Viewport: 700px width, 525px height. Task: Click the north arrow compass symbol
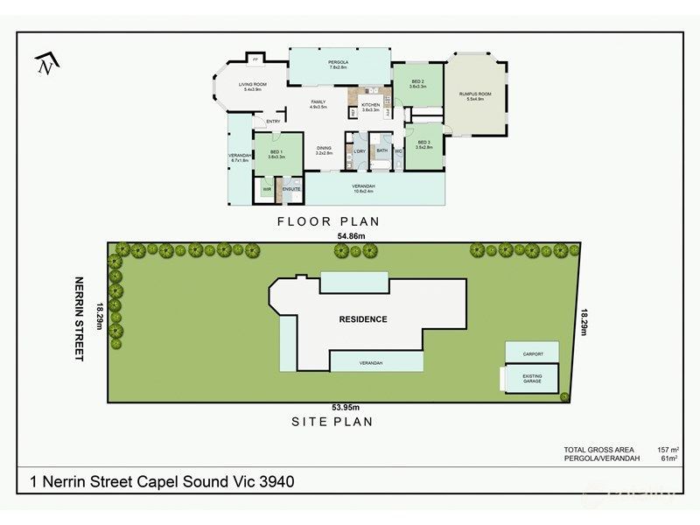click(46, 64)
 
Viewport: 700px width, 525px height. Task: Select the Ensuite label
click(291, 189)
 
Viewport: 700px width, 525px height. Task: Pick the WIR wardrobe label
click(267, 189)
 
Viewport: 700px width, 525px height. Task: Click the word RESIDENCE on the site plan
click(362, 319)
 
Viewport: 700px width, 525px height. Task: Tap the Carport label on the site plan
click(533, 353)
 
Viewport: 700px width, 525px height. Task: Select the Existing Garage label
click(533, 379)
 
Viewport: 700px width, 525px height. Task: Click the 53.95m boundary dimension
click(345, 407)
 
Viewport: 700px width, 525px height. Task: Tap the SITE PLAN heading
click(332, 422)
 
